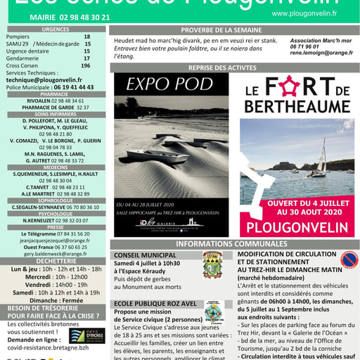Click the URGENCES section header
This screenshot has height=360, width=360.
tap(55, 30)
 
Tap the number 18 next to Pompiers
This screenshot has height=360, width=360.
tap(87, 37)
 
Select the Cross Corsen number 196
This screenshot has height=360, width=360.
tap(86, 65)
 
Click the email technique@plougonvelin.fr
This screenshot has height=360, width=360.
tap(44, 80)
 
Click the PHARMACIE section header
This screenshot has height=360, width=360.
tap(55, 94)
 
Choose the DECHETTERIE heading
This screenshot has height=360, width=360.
tap(55, 261)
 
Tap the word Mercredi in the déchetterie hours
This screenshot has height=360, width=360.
tap(39, 276)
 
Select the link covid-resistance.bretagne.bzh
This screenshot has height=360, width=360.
tap(48, 347)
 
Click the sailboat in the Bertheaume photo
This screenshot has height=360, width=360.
tap(320, 160)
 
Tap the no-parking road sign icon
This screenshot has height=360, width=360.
tap(349, 260)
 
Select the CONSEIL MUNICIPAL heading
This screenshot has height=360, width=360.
tap(146, 255)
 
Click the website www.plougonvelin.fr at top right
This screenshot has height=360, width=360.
tap(304, 13)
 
